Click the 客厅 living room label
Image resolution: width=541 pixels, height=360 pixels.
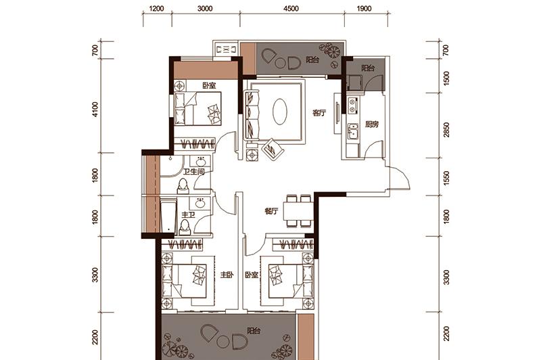[319, 113]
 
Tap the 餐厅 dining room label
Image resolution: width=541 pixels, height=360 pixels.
[271, 211]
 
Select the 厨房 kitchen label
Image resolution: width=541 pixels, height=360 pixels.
[371, 125]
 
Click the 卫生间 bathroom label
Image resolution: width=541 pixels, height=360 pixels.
[194, 172]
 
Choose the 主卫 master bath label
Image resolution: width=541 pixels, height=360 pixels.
[189, 215]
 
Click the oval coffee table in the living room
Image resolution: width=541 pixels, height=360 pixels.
[279, 112]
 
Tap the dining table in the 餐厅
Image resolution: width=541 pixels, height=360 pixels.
[298, 211]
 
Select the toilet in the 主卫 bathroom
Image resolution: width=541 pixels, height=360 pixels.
[185, 227]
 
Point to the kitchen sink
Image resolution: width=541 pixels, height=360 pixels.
[353, 131]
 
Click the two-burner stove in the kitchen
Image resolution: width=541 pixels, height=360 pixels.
[352, 106]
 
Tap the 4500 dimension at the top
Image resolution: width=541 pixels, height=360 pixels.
[291, 8]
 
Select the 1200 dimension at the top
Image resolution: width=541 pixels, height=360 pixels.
[156, 8]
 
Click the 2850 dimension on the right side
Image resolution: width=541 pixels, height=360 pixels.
[447, 130]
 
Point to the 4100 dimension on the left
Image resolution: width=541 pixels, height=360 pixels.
[95, 109]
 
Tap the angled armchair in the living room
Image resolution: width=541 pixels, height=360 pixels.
[273, 150]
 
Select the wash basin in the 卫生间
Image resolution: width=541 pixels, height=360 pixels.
[200, 162]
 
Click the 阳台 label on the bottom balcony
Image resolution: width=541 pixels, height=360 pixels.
[254, 331]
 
